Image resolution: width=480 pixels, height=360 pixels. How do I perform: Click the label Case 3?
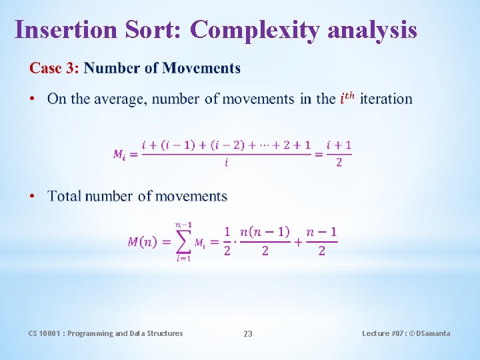54,68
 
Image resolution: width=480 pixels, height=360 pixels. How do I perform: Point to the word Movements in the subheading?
201,68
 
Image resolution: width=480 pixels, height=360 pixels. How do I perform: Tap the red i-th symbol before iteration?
347,99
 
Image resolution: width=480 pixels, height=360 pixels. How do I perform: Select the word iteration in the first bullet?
386,99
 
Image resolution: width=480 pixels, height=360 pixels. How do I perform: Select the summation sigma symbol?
183,241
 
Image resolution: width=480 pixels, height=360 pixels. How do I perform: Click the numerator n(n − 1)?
265,232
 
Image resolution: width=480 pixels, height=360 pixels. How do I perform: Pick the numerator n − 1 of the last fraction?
321,232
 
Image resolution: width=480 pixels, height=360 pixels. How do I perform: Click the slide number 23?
248,333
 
